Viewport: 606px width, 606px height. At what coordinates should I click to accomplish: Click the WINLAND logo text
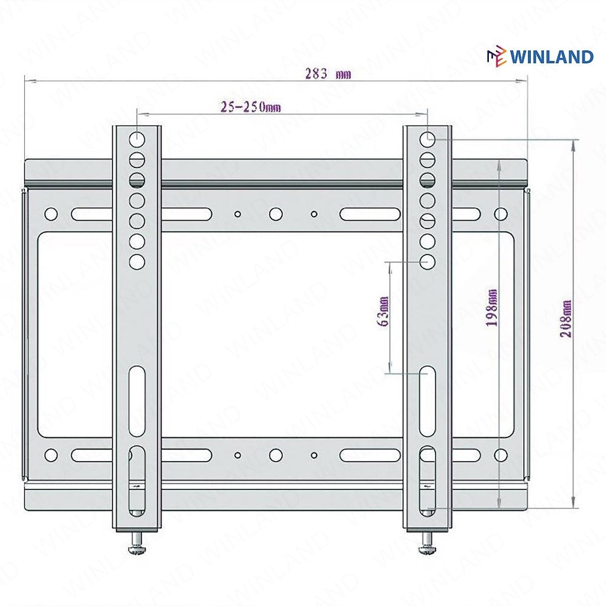[x=552, y=57]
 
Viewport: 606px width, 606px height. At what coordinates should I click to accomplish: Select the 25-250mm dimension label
[x=250, y=107]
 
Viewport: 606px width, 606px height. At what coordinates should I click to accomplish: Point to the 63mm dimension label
[x=383, y=312]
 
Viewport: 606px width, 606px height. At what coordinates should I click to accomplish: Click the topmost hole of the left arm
[x=137, y=140]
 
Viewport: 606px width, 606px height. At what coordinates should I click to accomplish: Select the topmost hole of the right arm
[x=428, y=140]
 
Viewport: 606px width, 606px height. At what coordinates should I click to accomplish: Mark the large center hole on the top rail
[x=276, y=214]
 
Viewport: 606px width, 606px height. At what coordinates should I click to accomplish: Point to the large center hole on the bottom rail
[x=276, y=455]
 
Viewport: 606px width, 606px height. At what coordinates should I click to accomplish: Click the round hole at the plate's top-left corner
[x=51, y=214]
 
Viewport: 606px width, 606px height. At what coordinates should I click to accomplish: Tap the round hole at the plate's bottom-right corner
[x=501, y=455]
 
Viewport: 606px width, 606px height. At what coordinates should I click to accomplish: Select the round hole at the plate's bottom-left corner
[x=51, y=455]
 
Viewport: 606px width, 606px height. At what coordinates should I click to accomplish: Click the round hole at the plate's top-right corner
[x=501, y=214]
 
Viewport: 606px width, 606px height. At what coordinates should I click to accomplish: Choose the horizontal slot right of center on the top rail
[x=370, y=214]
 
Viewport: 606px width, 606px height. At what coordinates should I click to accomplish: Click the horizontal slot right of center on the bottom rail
[x=370, y=455]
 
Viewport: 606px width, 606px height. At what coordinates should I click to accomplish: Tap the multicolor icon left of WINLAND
[x=496, y=57]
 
